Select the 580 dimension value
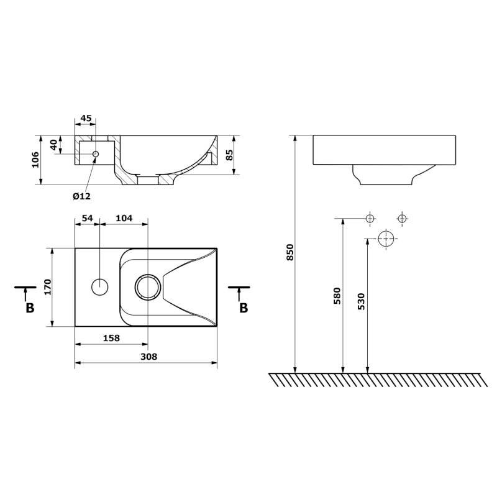coord(337,295)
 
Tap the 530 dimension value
coord(362,301)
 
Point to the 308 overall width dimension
coord(148,357)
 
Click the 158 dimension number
coord(110,338)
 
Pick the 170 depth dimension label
coord(47,287)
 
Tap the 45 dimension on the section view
coord(86,119)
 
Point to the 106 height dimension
coord(35,160)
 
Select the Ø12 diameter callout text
coord(81,196)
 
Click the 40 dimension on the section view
coord(54,145)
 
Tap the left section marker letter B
coord(29,308)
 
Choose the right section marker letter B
coord(244,308)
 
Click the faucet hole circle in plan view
coord(99,287)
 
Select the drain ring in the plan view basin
coord(148,287)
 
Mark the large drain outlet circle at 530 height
coord(386,239)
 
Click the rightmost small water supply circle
coord(402,218)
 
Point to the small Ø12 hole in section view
coord(96,153)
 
